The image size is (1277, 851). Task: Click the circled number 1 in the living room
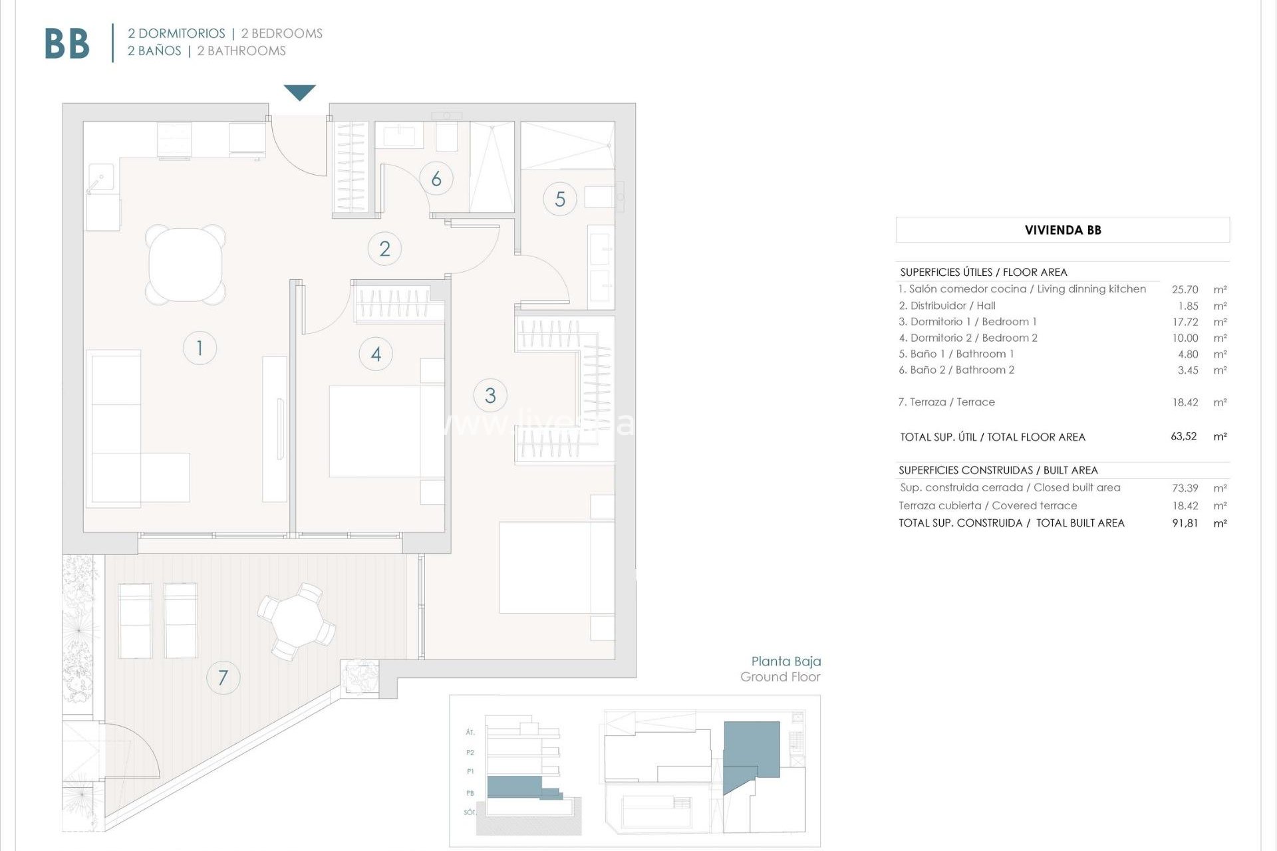point(200,348)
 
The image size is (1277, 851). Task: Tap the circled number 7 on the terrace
point(223,677)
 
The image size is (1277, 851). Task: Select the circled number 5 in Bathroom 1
point(560,199)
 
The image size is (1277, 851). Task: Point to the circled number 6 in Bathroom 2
point(436,179)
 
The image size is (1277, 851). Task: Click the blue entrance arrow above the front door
point(299,92)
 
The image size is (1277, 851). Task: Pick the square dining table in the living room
point(186,265)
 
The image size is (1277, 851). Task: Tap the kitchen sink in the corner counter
point(101,178)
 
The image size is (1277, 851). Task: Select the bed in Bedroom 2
point(386,431)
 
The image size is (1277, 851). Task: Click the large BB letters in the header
point(67,45)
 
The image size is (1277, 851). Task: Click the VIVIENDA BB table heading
point(1062,230)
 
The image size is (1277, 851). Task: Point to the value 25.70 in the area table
point(1185,290)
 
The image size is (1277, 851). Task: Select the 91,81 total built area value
point(1185,523)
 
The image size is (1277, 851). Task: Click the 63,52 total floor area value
point(1183,437)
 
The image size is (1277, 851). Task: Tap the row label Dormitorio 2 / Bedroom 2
point(968,338)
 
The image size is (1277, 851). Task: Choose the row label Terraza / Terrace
point(946,402)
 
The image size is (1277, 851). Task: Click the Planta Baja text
point(785,662)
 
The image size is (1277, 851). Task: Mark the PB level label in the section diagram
point(470,793)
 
